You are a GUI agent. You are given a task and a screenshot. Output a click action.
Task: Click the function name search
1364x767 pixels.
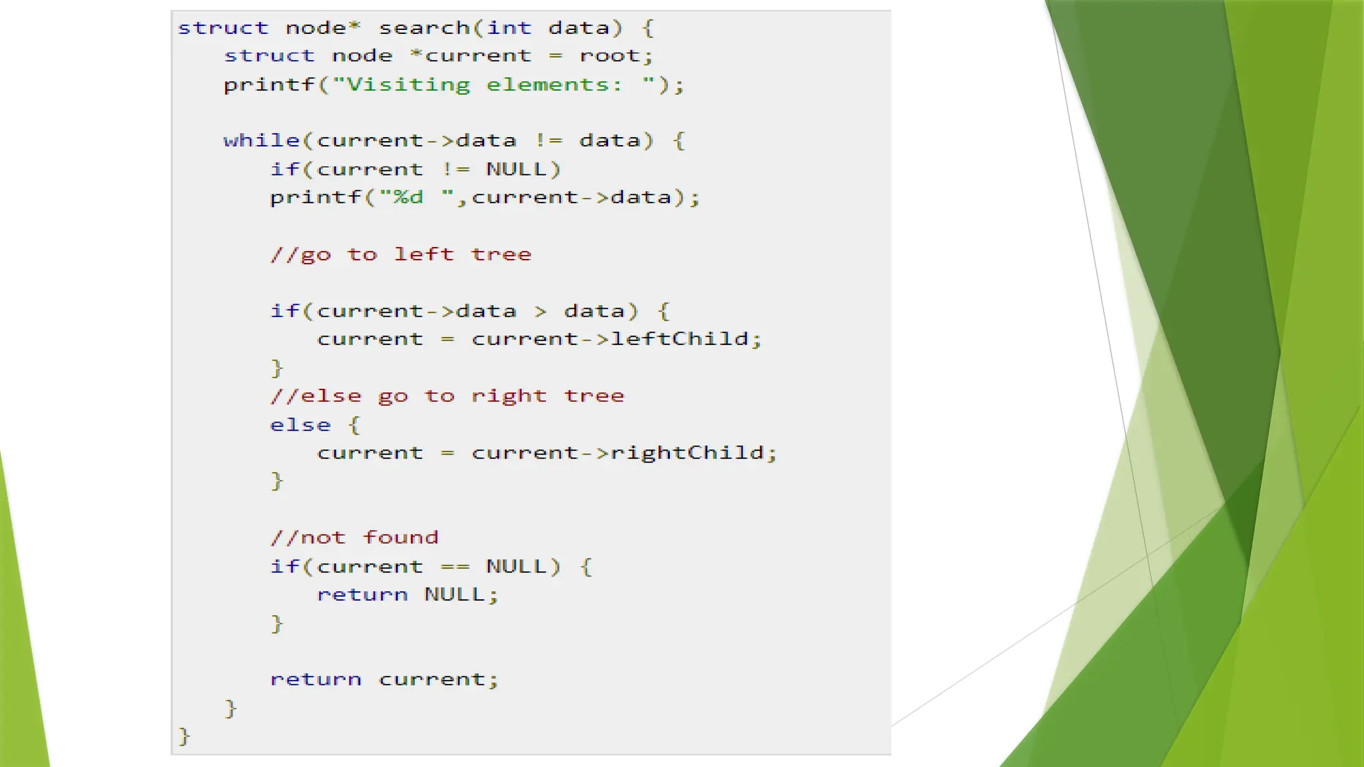pyautogui.click(x=424, y=28)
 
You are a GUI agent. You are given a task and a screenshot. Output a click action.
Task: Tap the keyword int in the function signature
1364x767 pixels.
pyautogui.click(x=510, y=28)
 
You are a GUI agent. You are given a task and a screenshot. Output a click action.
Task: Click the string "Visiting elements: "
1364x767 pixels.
pyautogui.click(x=494, y=85)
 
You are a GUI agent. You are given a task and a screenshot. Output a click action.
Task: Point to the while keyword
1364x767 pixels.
pyautogui.click(x=262, y=140)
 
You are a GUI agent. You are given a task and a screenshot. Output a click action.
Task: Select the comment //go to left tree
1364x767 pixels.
pyautogui.click(x=401, y=254)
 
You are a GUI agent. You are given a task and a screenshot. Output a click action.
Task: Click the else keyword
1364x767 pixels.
pyautogui.click(x=300, y=425)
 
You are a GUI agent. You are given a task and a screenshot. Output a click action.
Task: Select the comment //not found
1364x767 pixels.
pyautogui.click(x=354, y=537)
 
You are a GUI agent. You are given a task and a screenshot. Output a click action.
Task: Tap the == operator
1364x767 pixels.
pyautogui.click(x=455, y=567)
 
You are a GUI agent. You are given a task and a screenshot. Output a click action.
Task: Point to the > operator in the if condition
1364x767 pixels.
pyautogui.click(x=540, y=311)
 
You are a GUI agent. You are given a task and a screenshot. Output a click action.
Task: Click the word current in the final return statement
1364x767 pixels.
pyautogui.click(x=432, y=679)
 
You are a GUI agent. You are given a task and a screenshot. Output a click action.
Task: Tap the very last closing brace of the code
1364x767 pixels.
pyautogui.click(x=184, y=736)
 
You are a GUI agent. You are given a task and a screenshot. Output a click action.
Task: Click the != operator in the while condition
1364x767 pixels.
pyautogui.click(x=549, y=140)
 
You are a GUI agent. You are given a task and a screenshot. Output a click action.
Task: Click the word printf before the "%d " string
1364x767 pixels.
pyautogui.click(x=316, y=197)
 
